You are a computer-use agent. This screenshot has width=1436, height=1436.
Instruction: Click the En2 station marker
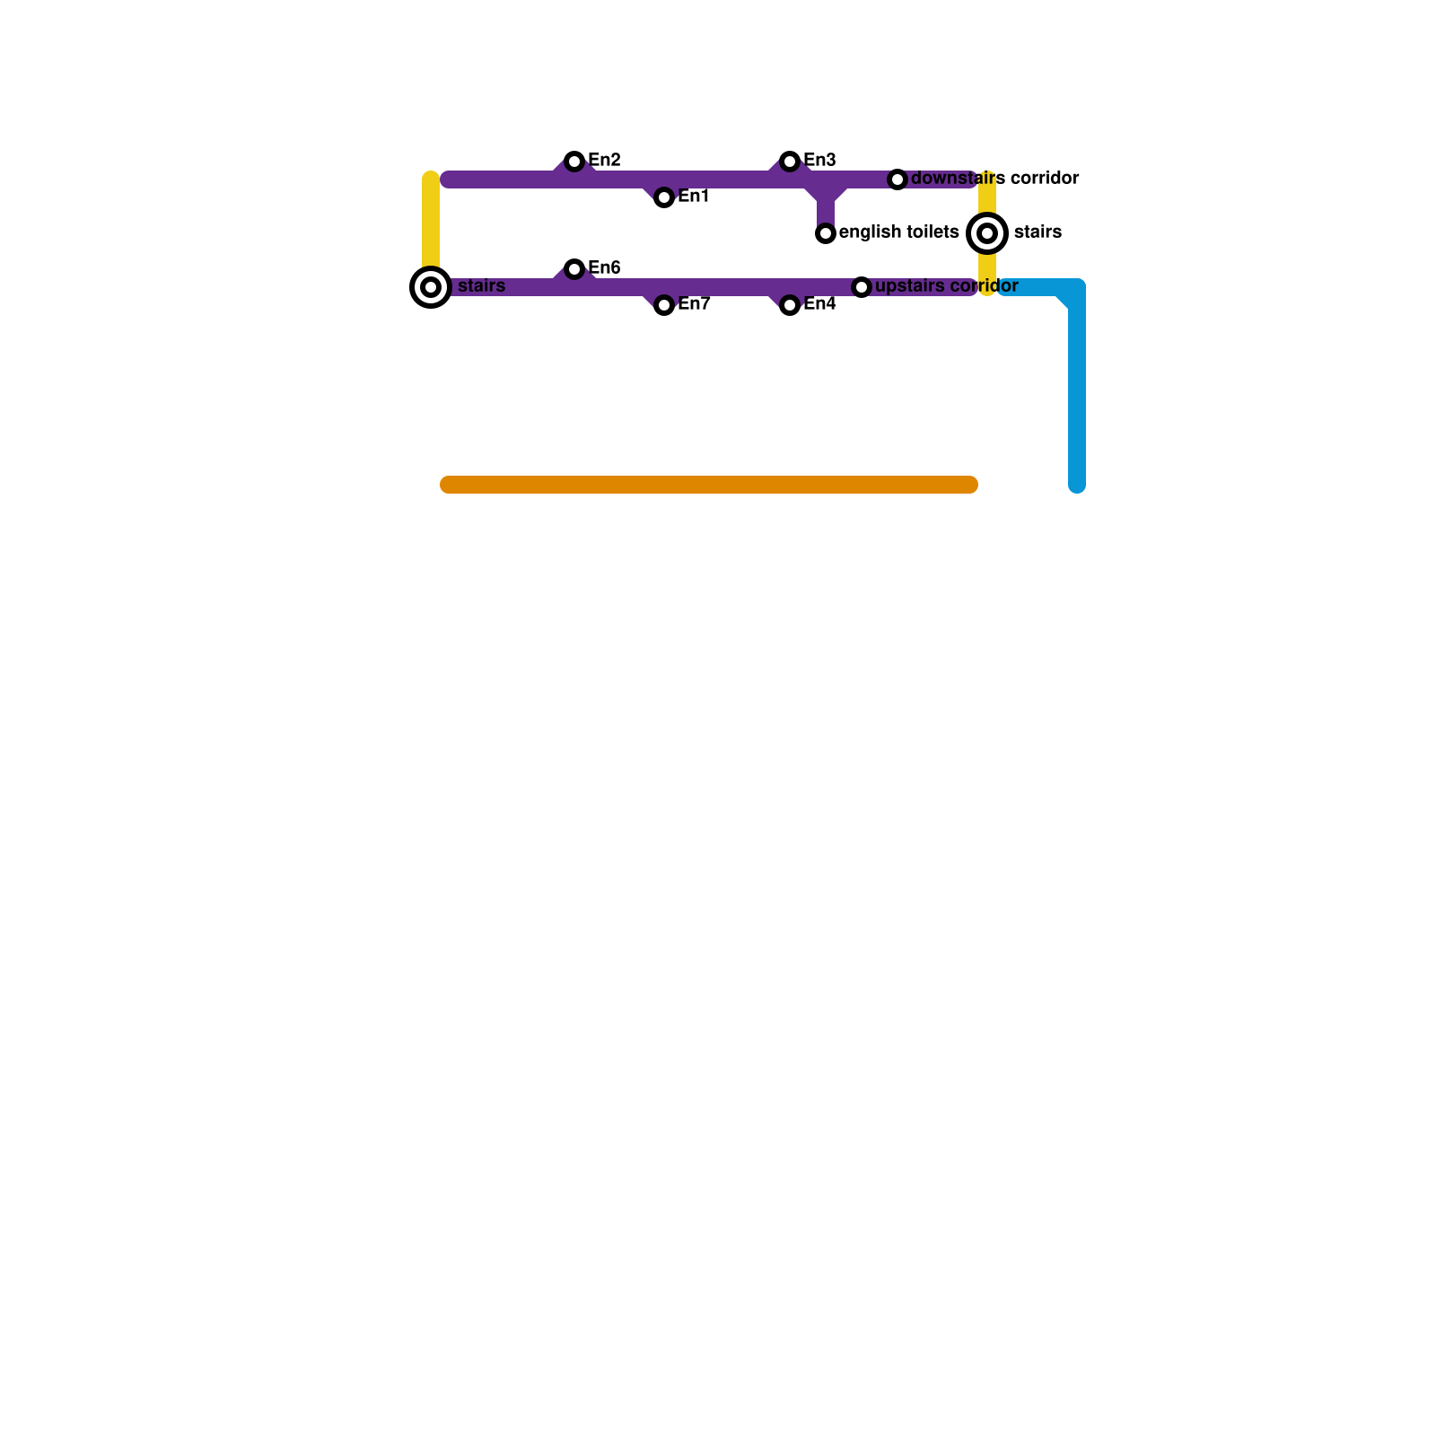(x=574, y=162)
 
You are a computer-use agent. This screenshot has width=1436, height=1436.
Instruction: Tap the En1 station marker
(x=664, y=197)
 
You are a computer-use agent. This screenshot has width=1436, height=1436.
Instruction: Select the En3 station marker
(x=790, y=162)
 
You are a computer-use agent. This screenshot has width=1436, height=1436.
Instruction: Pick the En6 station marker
(x=574, y=269)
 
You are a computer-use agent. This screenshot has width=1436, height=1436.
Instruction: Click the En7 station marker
(x=664, y=305)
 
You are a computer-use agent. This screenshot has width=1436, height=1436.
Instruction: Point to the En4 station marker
(x=790, y=305)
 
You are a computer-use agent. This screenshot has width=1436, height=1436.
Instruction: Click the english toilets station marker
(x=826, y=233)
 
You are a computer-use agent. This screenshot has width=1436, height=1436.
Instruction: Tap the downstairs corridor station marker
(x=897, y=179)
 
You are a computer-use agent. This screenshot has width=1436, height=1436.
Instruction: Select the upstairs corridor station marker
(x=862, y=287)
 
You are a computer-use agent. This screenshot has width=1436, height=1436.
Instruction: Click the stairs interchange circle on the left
(x=431, y=287)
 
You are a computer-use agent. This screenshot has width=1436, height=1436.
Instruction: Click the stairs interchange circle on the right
(x=987, y=233)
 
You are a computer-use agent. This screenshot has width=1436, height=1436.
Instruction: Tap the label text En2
(x=604, y=161)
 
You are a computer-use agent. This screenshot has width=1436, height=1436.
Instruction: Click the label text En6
(x=604, y=268)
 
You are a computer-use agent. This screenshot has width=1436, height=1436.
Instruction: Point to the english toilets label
(x=899, y=232)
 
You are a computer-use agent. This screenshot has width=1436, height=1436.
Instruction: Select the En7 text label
(x=694, y=304)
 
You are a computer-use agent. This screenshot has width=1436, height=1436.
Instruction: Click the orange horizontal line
(x=709, y=485)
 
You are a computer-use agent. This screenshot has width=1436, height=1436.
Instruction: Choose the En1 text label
(x=694, y=197)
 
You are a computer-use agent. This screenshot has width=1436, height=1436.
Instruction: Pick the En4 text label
(x=819, y=304)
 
